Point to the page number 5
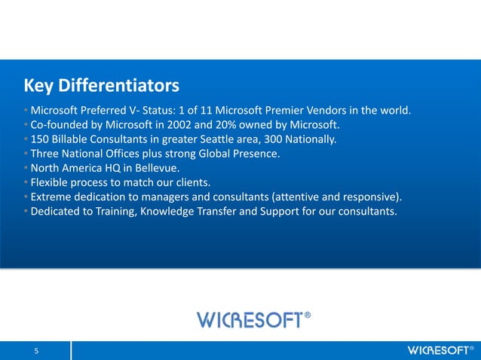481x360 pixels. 35,351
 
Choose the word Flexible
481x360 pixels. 47,182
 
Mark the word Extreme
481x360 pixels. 47,197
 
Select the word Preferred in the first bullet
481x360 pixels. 106,111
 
